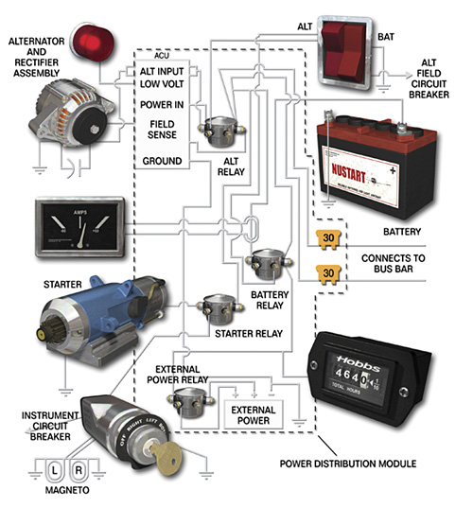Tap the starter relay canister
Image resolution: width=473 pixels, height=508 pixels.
216,308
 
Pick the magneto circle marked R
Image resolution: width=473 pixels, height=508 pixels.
82,469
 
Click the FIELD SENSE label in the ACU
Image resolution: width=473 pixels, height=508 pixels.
161,130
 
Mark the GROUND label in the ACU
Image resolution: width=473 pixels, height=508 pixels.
162,161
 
